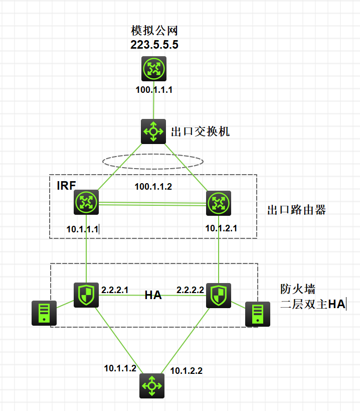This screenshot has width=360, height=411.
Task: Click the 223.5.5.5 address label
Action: [154, 45]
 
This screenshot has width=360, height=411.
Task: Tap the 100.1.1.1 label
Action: [154, 90]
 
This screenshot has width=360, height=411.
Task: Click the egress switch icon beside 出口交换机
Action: [153, 131]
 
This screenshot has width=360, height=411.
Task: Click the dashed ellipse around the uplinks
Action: [153, 162]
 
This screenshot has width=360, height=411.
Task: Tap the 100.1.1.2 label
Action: [153, 187]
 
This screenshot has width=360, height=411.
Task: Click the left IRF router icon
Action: [86, 203]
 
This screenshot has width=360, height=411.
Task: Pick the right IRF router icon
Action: [219, 203]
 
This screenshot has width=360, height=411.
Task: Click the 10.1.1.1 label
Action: [83, 229]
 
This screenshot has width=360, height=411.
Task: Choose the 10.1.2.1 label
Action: [221, 228]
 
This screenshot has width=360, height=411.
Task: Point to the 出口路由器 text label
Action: [297, 210]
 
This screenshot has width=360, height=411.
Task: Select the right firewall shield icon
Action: [219, 295]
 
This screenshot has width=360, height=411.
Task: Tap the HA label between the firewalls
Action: [153, 295]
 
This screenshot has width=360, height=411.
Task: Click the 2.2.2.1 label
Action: [115, 290]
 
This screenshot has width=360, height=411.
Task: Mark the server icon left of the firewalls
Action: [44, 313]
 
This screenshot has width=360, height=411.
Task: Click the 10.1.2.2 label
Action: [187, 371]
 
